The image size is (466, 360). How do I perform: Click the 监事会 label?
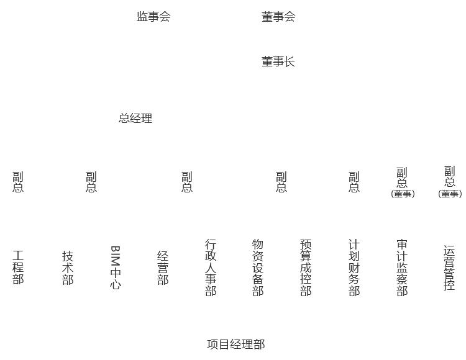(x=153, y=17)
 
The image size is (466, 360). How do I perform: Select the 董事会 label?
(x=278, y=17)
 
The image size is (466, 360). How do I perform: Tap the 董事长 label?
(x=278, y=61)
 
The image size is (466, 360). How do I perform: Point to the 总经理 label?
(x=135, y=118)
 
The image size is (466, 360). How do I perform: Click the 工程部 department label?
(x=18, y=267)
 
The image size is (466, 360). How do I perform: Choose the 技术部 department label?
(x=68, y=268)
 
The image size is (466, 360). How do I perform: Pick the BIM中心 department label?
(x=116, y=268)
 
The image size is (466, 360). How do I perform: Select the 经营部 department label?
(x=163, y=268)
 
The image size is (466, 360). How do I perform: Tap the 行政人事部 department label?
(x=211, y=268)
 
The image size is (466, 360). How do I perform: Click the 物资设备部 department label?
(x=258, y=268)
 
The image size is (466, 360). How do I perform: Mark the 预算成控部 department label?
(x=306, y=268)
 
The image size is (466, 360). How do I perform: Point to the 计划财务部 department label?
(x=354, y=268)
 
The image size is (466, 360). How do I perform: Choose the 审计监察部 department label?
(x=402, y=268)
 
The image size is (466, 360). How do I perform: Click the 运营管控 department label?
(x=449, y=268)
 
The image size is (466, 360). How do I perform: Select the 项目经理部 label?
(x=236, y=344)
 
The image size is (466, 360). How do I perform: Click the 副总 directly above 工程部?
(x=18, y=182)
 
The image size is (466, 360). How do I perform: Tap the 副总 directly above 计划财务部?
(x=354, y=182)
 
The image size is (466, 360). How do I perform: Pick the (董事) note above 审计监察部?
(x=403, y=194)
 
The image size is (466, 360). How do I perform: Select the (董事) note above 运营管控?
(x=450, y=194)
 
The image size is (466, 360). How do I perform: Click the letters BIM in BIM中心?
(x=116, y=255)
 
